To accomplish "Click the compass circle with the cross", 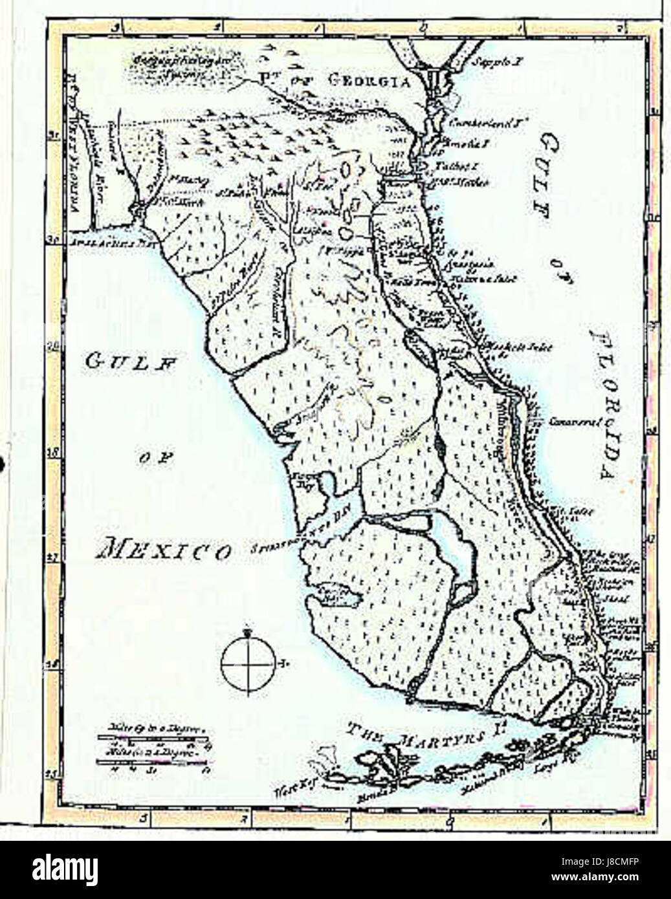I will coord(248,664).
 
